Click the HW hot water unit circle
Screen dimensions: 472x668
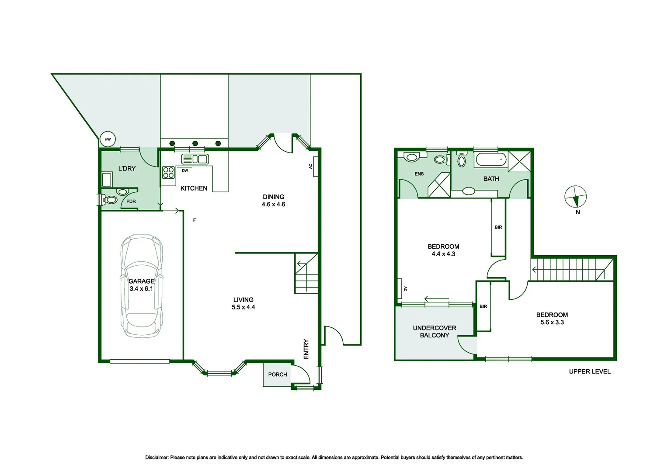[x=108, y=139]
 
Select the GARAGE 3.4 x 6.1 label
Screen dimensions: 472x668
[x=141, y=285]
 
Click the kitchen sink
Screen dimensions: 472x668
[x=195, y=159]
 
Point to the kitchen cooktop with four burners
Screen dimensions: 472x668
[x=169, y=173]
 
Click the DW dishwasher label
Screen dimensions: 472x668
[x=185, y=171]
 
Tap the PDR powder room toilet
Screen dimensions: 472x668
[x=110, y=200]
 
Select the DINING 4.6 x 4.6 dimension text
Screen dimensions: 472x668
[x=273, y=201]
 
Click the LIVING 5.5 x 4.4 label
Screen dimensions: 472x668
[x=243, y=303]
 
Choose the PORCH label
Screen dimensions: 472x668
[x=278, y=375]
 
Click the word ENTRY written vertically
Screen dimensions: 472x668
[x=306, y=349]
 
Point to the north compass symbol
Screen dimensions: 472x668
[x=575, y=197]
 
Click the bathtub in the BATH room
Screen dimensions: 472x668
[x=491, y=160]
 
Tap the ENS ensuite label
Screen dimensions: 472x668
[x=419, y=174]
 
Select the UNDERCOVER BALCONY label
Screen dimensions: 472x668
[x=434, y=332]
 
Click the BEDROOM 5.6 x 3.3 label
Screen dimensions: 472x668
[x=552, y=319]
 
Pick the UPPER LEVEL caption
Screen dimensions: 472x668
[x=589, y=371]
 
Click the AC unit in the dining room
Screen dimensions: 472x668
[x=315, y=167]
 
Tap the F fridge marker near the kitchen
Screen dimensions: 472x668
[x=195, y=220]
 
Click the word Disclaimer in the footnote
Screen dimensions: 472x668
[x=157, y=458]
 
